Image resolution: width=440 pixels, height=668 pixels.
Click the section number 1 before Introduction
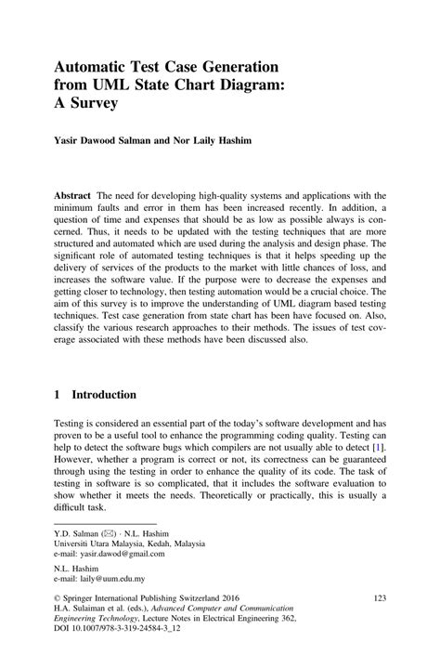click(58, 394)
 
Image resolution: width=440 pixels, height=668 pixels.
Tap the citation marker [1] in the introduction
click(376, 448)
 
